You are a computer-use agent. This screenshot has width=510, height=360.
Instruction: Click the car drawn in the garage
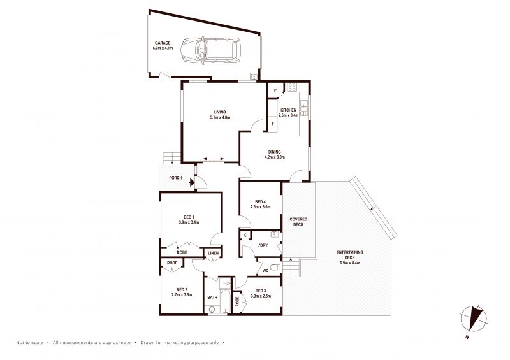point(210,50)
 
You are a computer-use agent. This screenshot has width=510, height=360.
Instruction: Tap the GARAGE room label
point(163,43)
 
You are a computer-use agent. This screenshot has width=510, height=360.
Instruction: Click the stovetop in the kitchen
point(292,87)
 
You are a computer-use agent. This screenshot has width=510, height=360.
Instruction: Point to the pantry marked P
point(275,90)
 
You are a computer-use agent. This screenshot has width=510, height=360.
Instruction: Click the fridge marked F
point(273,124)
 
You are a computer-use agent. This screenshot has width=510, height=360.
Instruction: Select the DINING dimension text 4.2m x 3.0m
point(275,157)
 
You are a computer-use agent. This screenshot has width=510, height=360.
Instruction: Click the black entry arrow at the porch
point(192,182)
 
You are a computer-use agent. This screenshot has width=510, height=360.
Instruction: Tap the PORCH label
point(176,178)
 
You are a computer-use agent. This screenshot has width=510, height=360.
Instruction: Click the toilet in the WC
point(275,268)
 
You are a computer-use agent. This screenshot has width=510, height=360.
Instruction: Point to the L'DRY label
point(262,245)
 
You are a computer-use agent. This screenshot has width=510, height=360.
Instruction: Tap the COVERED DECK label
point(298,222)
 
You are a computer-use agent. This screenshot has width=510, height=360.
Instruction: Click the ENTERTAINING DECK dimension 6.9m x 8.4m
point(349,263)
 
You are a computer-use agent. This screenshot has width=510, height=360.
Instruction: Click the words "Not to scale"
point(29,342)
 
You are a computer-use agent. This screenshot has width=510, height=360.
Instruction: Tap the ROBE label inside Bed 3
point(237,302)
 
